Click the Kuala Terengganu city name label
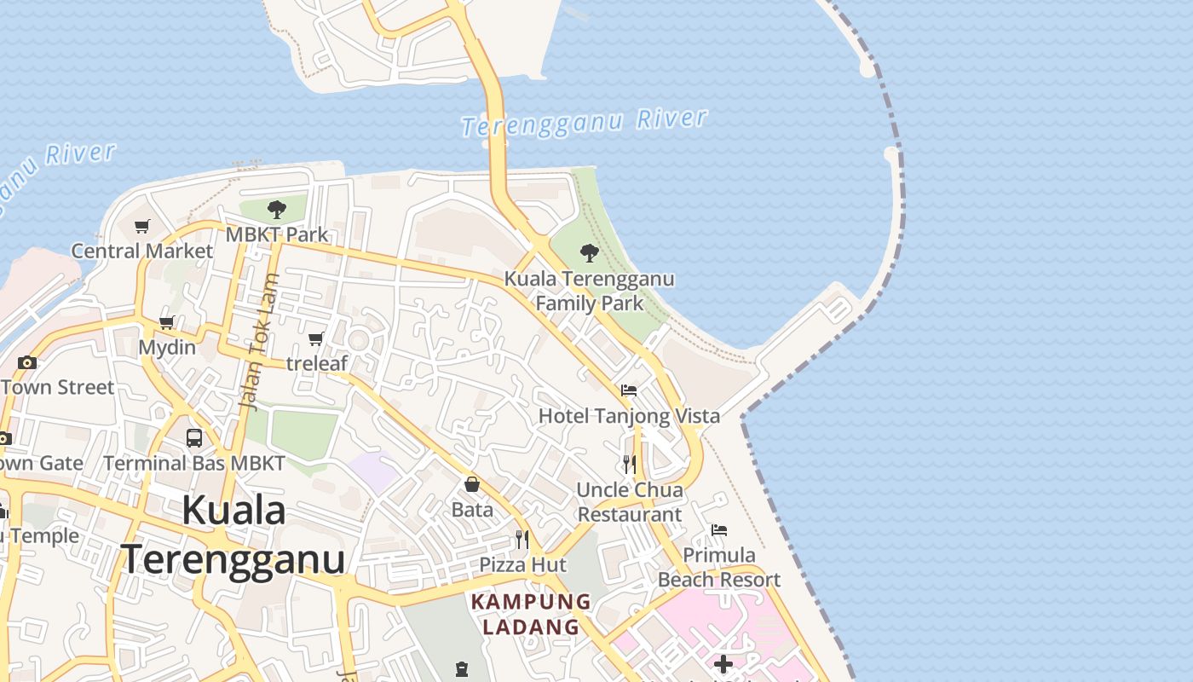233,535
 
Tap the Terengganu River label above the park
585,123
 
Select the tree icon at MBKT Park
276,209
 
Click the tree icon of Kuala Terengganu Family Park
589,252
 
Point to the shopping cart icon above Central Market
142,226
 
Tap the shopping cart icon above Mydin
167,323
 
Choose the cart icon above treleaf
316,339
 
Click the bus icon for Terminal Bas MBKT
194,438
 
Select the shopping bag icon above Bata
472,484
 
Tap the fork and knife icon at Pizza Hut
522,539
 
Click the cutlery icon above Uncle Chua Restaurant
630,464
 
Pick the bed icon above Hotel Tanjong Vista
629,390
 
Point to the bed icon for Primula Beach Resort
719,530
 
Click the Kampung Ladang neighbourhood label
531,614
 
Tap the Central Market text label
141,251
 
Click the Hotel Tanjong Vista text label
629,416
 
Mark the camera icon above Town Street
27,362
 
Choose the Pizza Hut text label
522,564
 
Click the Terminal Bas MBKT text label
194,464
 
